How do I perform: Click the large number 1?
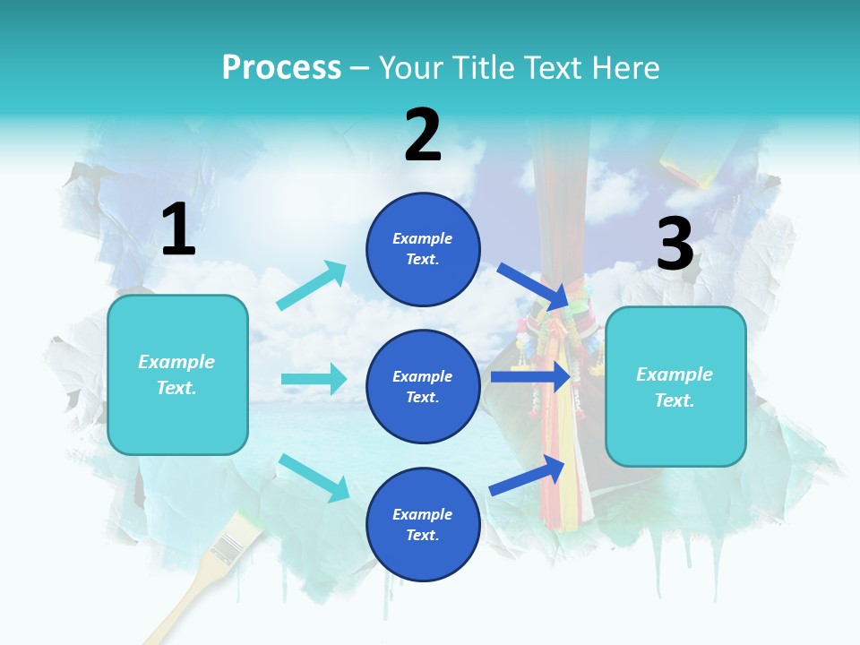[178, 229]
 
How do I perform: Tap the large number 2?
[423, 136]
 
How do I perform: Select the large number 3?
[675, 245]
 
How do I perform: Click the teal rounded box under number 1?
[177, 374]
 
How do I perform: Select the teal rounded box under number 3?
[675, 386]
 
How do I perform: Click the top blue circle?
[423, 249]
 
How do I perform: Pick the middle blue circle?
[423, 386]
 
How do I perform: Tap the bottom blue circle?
[423, 524]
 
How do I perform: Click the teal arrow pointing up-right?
[312, 285]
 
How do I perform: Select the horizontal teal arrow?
[314, 379]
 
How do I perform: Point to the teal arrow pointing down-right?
[314, 477]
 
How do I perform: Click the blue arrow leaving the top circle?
[532, 286]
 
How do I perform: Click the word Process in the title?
[281, 67]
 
